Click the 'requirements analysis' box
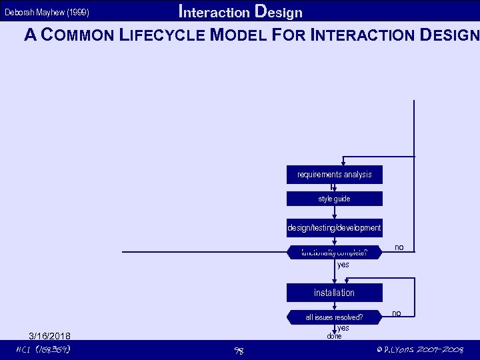tap(335, 175)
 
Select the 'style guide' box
tap(335, 199)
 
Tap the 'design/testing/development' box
tap(335, 228)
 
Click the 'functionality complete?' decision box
tap(335, 253)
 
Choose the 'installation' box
tap(335, 293)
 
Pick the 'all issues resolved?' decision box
tap(335, 317)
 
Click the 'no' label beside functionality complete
tap(399, 247)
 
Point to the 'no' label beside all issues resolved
tap(397, 313)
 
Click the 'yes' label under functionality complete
tap(343, 265)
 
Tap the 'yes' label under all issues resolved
tap(343, 327)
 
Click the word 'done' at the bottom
tap(334, 336)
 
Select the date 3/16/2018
tap(50, 335)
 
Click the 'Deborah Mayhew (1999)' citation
tap(47, 13)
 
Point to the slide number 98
tap(238, 351)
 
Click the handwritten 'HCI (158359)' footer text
tap(44, 350)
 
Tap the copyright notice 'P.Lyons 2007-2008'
tap(420, 350)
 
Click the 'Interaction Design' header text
tap(241, 12)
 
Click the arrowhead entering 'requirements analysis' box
tap(343, 162)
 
